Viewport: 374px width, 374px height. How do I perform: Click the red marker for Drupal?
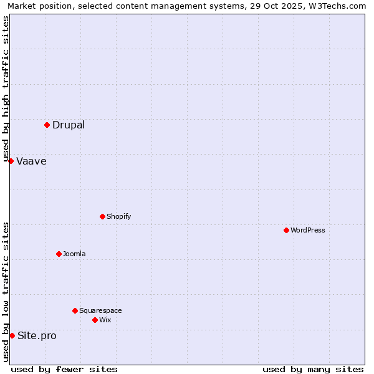coord(47,125)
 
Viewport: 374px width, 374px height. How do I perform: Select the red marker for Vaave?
coord(11,161)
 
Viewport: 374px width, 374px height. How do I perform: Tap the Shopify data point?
coord(102,216)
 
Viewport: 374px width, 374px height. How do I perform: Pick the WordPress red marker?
coord(286,230)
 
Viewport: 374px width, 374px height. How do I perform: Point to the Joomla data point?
coord(59,254)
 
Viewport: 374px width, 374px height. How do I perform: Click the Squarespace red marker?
coord(75,310)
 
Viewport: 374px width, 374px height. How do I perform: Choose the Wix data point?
coord(95,320)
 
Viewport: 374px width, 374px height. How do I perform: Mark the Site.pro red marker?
coord(12,335)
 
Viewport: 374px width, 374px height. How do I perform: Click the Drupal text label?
coord(69,125)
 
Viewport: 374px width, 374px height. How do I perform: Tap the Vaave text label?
coord(31,161)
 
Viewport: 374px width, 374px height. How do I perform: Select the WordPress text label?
coord(308,230)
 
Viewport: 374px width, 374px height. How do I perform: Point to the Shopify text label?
coord(118,216)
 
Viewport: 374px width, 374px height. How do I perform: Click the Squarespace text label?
coord(100,310)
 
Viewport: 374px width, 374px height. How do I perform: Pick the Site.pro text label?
coord(37,336)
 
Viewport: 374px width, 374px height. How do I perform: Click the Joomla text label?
coord(74,254)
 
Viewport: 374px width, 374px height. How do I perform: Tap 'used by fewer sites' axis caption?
coord(64,369)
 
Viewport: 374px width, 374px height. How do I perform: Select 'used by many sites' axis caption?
coord(313,369)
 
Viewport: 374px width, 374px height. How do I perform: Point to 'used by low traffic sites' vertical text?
coord(6,292)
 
